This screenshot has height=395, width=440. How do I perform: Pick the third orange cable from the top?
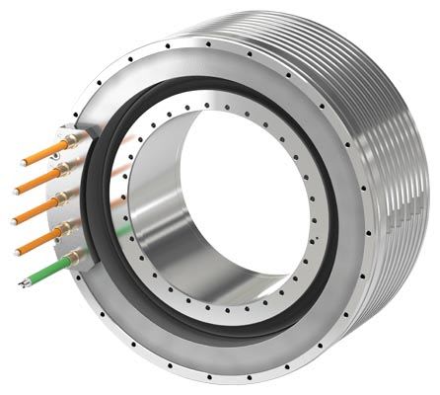tap(37, 208)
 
